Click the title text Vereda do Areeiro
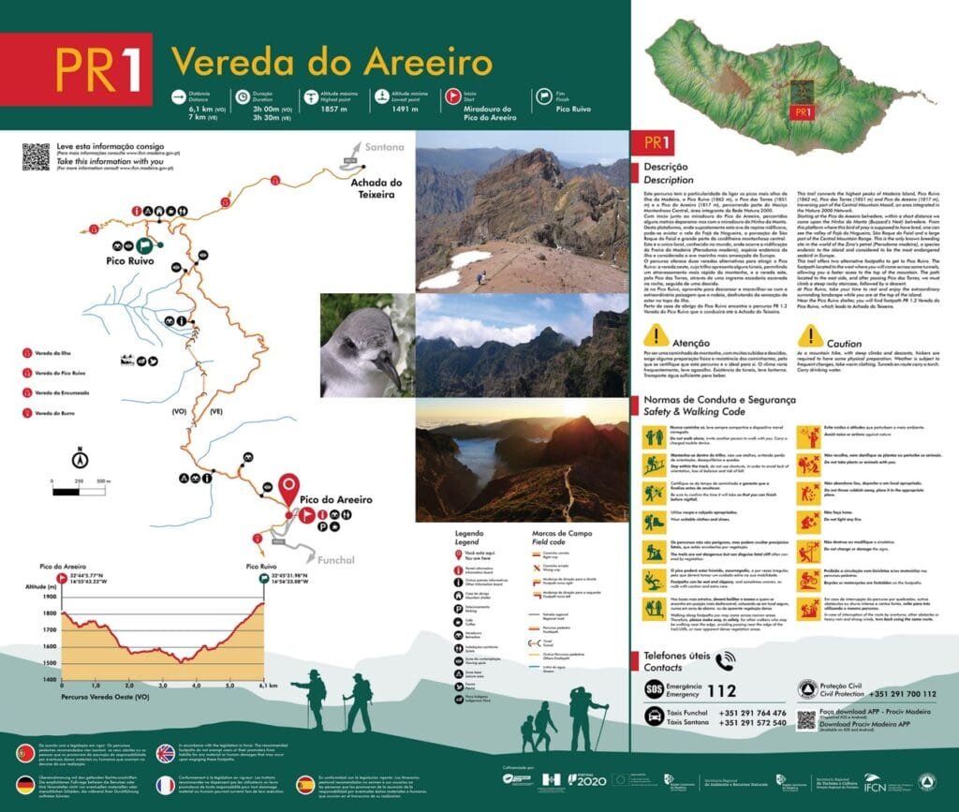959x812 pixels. click(x=331, y=63)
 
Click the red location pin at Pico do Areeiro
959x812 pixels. click(x=289, y=488)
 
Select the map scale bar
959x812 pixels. click(x=81, y=490)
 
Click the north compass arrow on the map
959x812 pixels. click(x=81, y=458)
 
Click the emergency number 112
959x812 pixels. click(x=722, y=691)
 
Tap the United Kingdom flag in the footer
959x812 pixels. click(x=166, y=753)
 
